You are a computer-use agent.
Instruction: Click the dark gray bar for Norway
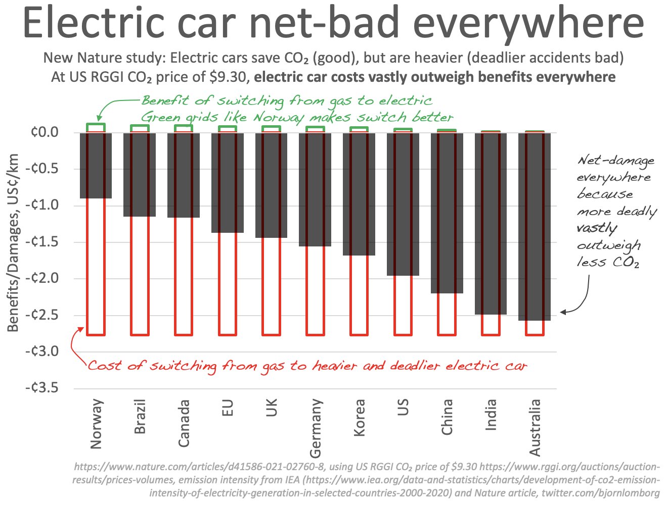pyautogui.click(x=96, y=165)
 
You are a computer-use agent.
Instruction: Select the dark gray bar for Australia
pyautogui.click(x=535, y=226)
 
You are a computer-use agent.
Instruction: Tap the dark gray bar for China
pyautogui.click(x=447, y=212)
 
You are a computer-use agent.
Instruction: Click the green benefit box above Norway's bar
pyautogui.click(x=96, y=128)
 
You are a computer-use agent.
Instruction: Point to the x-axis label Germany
pyautogui.click(x=315, y=427)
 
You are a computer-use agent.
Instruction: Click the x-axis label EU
pyautogui.click(x=228, y=408)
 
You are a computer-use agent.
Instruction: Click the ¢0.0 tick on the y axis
pyautogui.click(x=45, y=132)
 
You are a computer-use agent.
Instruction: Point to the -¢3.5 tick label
pyautogui.click(x=42, y=388)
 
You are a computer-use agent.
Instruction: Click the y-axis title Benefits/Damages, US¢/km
pyautogui.click(x=13, y=242)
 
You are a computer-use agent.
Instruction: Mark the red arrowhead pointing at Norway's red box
pyautogui.click(x=81, y=329)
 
